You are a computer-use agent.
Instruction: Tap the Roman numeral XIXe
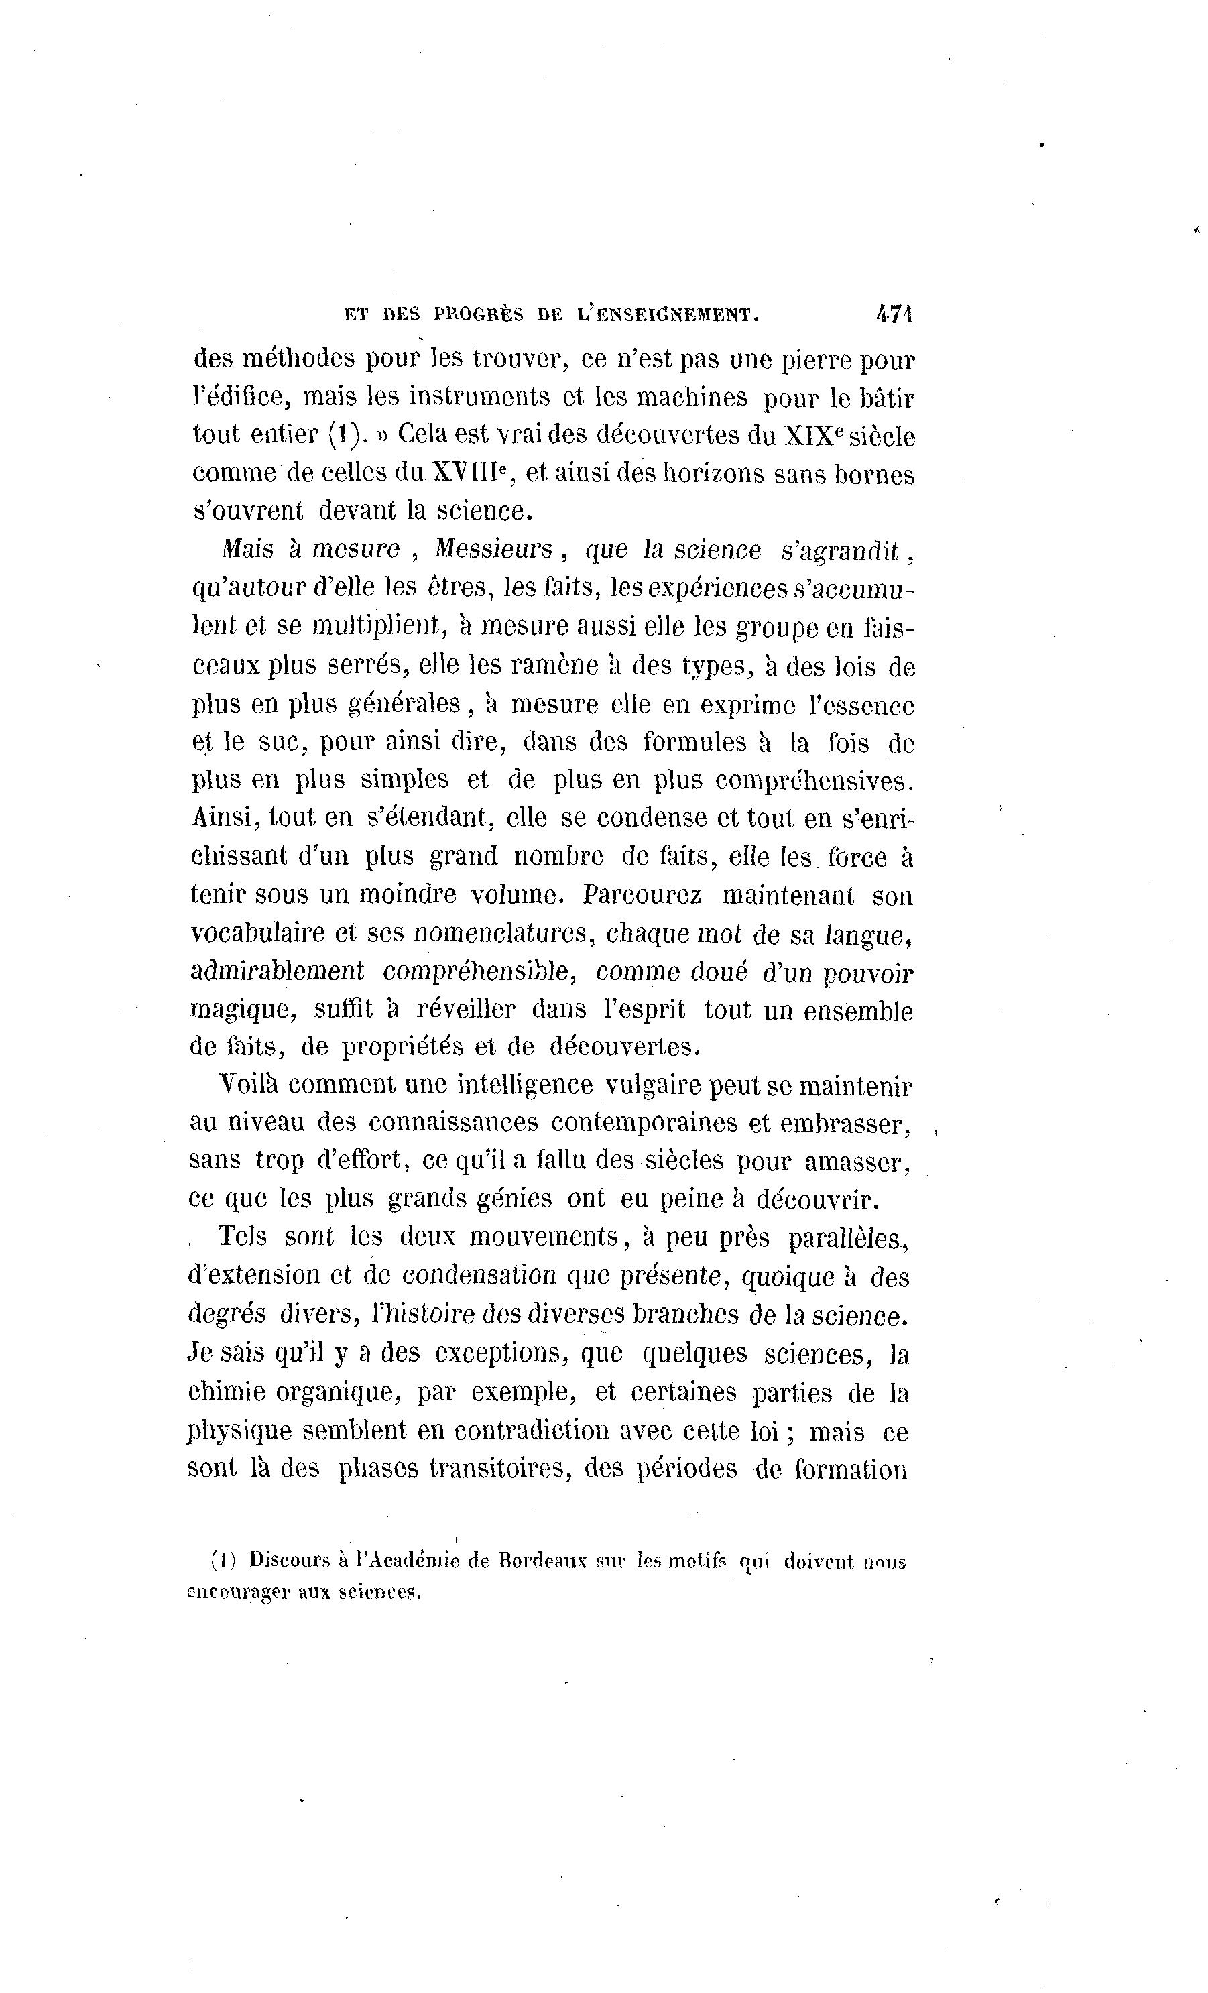tap(812, 436)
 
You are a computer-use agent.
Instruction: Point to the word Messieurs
tap(493, 550)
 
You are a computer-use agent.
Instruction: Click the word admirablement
tap(277, 971)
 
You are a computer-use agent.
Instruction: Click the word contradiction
tap(531, 1431)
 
